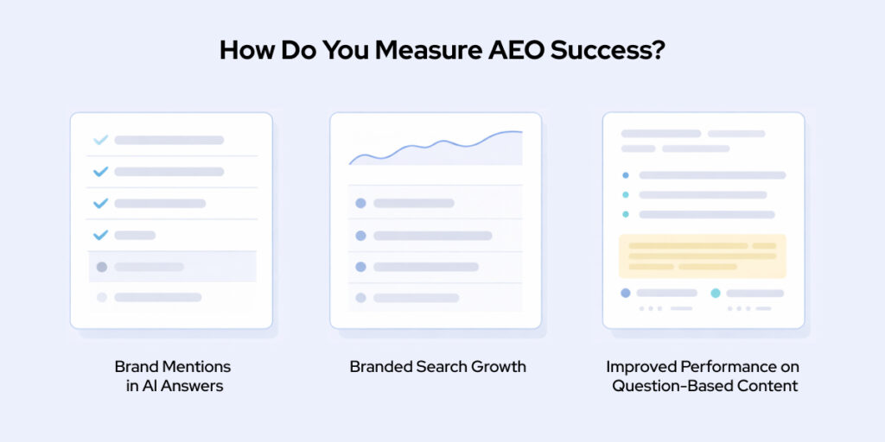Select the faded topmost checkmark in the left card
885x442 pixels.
(x=100, y=140)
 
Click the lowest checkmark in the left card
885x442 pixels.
(x=100, y=235)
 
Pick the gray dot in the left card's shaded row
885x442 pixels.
(x=101, y=267)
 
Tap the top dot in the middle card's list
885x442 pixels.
(x=360, y=203)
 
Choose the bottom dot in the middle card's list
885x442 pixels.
(x=360, y=298)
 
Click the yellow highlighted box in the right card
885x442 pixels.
(x=702, y=256)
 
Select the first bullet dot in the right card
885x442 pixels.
(x=626, y=175)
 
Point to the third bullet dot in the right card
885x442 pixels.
(x=626, y=214)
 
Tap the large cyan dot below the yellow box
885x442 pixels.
(x=716, y=294)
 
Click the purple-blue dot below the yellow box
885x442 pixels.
(x=626, y=294)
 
